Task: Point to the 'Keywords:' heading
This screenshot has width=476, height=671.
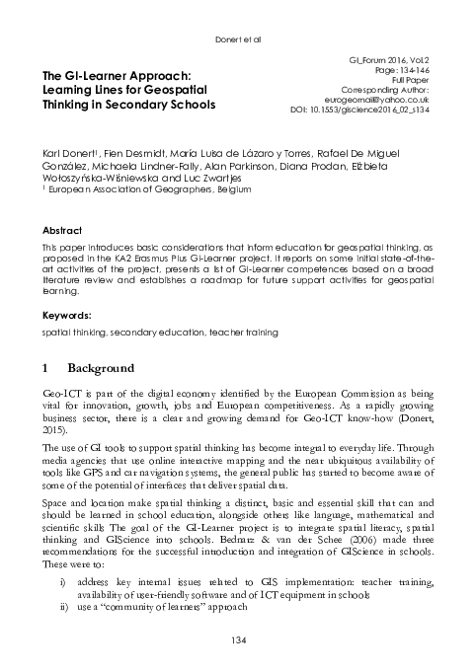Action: (60, 315)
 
